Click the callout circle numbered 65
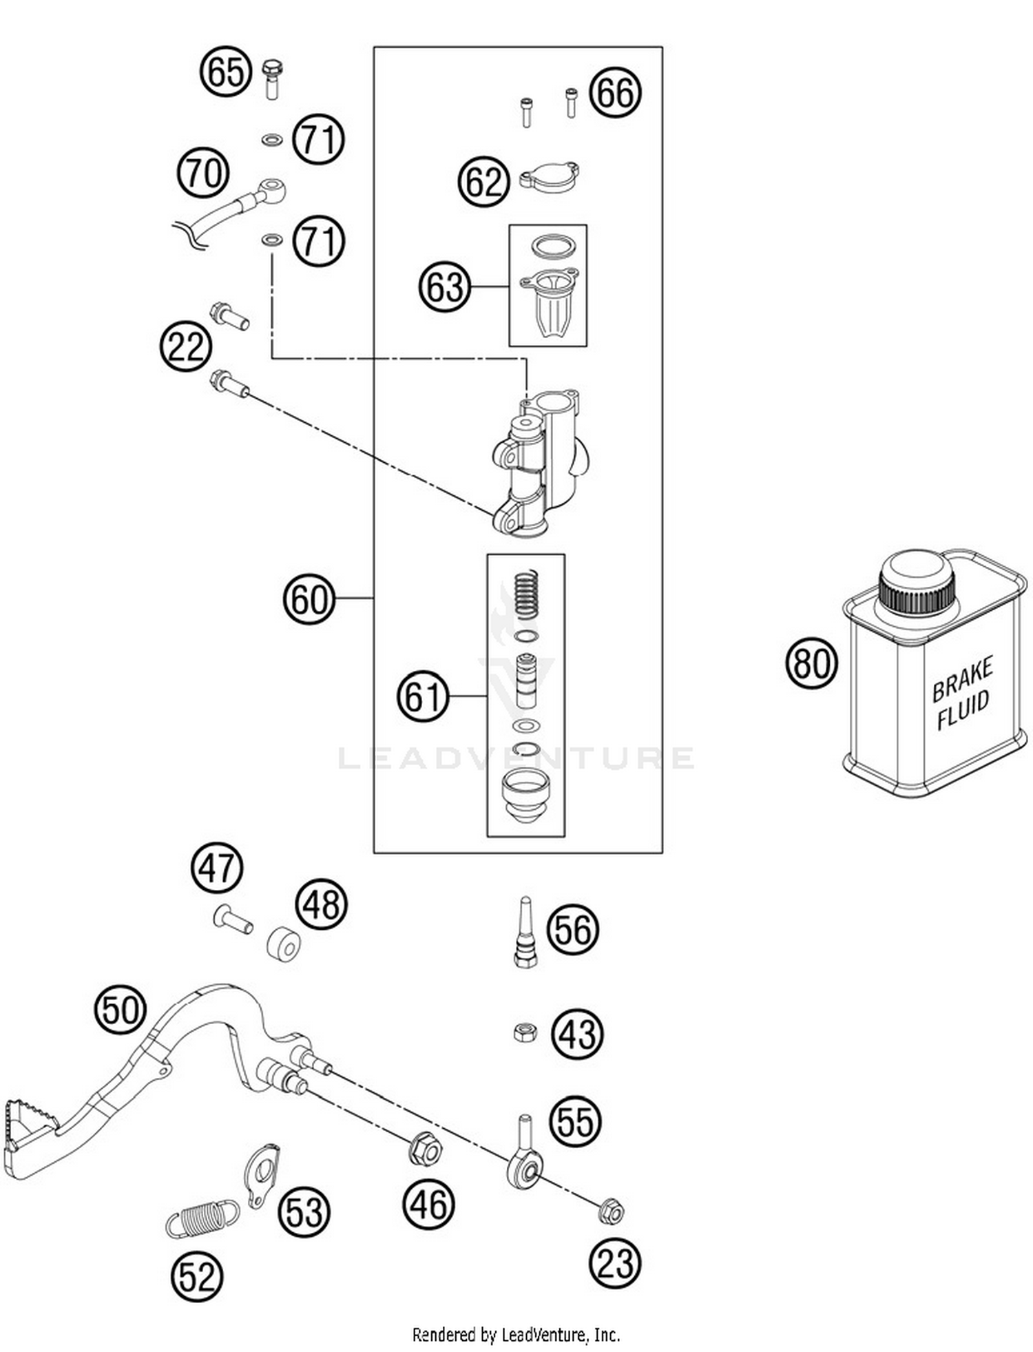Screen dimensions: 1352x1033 coord(226,72)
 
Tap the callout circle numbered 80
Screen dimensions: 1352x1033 coord(812,663)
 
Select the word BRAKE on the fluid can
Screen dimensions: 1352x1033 coord(962,678)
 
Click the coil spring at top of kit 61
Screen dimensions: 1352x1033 coord(527,594)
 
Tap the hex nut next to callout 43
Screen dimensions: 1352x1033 coord(525,1031)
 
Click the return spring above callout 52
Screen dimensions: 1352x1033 coord(202,1218)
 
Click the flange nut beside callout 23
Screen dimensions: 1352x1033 coord(611,1211)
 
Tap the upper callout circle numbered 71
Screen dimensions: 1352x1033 coord(318,140)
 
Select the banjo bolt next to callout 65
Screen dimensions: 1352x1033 coord(273,78)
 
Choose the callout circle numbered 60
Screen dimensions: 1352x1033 coord(309,599)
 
